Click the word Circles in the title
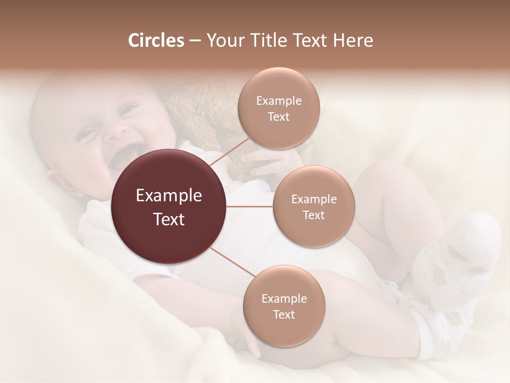156,40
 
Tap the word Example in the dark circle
169,196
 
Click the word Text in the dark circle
169,219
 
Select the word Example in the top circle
278,101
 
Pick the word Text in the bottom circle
284,314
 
